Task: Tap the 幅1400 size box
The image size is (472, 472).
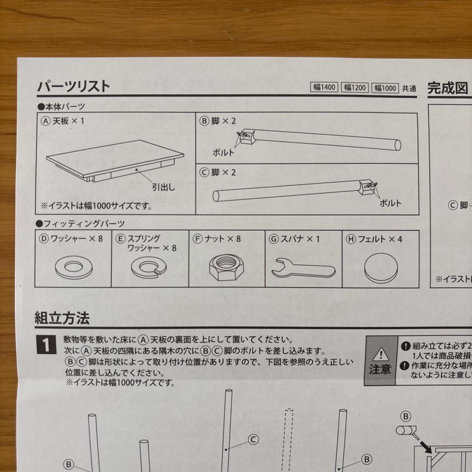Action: pos(324,87)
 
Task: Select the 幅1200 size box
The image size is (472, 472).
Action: pos(354,88)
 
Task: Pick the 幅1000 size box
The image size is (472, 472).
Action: pos(385,88)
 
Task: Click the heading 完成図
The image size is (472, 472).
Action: pos(447,89)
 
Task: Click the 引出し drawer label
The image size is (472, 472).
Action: pos(163,188)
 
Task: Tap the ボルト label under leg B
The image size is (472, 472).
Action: pos(223,153)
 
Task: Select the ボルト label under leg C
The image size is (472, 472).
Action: pos(390,203)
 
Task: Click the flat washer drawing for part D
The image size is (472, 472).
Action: pos(72,266)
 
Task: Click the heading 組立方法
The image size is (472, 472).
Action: pos(62,318)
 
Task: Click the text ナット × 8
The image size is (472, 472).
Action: pos(222,239)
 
